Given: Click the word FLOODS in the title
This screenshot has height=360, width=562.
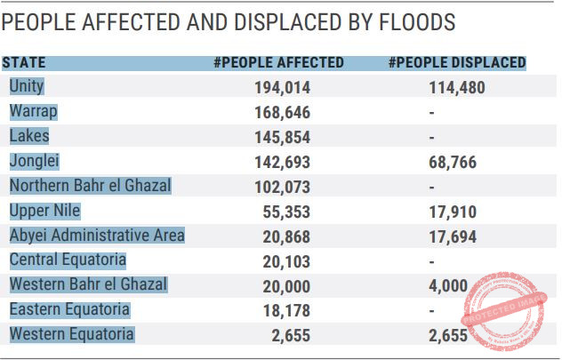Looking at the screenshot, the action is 417,22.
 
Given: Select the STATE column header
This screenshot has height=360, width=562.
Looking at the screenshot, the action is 24,63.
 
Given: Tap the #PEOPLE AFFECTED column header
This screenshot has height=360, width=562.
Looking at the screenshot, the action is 278,63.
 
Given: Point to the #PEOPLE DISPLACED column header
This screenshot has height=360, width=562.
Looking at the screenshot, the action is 457,63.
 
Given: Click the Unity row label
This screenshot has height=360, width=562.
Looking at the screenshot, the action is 27,86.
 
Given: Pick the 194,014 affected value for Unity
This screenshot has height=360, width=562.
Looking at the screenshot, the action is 283,88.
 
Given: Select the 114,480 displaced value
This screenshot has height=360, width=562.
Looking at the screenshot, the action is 457,88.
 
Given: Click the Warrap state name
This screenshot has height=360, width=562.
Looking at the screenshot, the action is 33,111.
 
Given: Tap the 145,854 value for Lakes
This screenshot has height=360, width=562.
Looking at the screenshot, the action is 283,137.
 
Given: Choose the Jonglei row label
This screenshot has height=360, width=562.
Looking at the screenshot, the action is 35,161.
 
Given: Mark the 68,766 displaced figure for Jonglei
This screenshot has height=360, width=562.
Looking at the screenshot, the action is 453,163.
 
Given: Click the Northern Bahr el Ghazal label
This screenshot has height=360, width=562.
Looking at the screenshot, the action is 91,186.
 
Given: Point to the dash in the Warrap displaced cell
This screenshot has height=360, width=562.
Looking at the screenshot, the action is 432,113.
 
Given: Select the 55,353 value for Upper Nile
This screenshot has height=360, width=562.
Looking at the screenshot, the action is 286,212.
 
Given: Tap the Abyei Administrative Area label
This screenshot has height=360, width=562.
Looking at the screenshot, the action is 97,236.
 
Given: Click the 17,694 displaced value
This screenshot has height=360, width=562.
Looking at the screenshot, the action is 453,236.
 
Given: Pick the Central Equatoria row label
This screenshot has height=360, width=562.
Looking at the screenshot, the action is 68,260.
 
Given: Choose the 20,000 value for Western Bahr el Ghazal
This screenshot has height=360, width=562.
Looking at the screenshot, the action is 286,286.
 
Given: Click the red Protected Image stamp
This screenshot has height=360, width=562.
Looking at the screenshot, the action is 504,310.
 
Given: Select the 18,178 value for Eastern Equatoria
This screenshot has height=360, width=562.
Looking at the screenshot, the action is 286,310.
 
